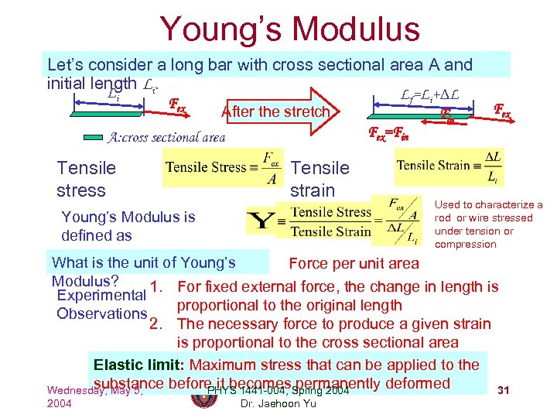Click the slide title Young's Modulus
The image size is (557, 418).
(x=289, y=29)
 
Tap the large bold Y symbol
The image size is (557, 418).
(x=258, y=221)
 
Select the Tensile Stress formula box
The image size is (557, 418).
(x=219, y=168)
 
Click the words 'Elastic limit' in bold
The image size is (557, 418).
(x=138, y=365)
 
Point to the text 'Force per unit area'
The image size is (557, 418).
(x=354, y=263)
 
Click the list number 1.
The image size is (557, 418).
(x=155, y=288)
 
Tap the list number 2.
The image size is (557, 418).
(x=155, y=324)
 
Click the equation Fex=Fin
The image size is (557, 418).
(x=388, y=132)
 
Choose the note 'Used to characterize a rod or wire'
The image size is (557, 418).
(x=488, y=224)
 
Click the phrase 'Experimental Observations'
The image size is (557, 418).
(x=101, y=304)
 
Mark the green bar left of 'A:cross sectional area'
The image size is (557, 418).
(x=113, y=138)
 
